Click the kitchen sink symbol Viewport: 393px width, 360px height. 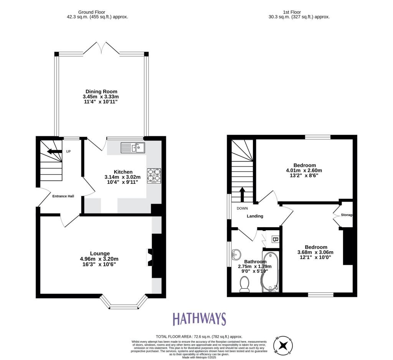click(x=132, y=147)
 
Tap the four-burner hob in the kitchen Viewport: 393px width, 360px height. click(x=154, y=176)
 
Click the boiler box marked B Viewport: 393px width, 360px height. click(x=274, y=239)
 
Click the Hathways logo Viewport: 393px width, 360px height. click(x=199, y=319)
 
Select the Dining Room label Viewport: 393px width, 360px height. click(x=102, y=91)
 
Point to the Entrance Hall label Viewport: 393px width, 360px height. click(x=63, y=196)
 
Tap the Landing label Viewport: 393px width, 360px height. click(x=255, y=216)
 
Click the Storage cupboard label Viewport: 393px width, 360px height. click(x=347, y=215)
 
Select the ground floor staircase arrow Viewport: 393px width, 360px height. click(x=54, y=152)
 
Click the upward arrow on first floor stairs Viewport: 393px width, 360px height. click(x=242, y=194)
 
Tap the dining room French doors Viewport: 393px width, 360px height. click(x=102, y=49)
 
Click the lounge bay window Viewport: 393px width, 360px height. click(x=124, y=303)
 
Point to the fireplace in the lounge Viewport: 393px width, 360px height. click(x=149, y=257)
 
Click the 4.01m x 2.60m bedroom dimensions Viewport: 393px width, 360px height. click(x=304, y=170)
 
